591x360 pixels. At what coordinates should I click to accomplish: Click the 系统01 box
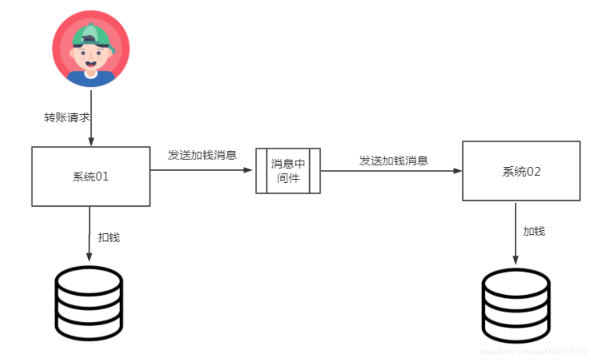(x=91, y=176)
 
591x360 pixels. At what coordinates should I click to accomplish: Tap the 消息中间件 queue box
(x=288, y=171)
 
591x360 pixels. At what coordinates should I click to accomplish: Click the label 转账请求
(x=67, y=117)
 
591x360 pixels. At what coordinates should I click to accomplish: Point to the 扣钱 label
(x=109, y=238)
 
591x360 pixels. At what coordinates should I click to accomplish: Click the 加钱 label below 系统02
(x=534, y=231)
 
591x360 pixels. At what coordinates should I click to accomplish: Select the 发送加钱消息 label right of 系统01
(x=202, y=155)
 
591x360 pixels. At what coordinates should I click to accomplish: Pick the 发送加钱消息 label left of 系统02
(x=394, y=160)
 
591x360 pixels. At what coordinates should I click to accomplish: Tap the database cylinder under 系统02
(x=516, y=305)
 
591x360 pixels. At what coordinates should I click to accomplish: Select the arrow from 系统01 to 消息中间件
(x=201, y=170)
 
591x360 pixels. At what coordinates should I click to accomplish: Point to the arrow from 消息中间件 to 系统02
(x=391, y=171)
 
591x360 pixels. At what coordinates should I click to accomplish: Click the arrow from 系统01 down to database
(x=89, y=233)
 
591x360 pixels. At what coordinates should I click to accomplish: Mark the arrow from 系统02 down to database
(x=516, y=233)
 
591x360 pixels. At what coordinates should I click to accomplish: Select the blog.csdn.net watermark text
(x=532, y=351)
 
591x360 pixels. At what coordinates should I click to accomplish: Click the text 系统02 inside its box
(x=521, y=172)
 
